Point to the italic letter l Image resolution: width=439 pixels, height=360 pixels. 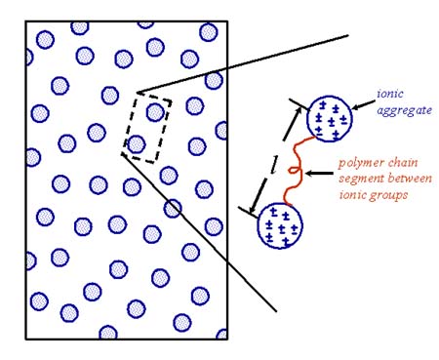(x=273, y=168)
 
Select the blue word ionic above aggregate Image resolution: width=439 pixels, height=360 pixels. (x=390, y=96)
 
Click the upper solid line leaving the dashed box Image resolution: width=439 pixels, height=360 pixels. (x=244, y=64)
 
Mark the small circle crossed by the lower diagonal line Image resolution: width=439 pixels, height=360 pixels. (x=173, y=207)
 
